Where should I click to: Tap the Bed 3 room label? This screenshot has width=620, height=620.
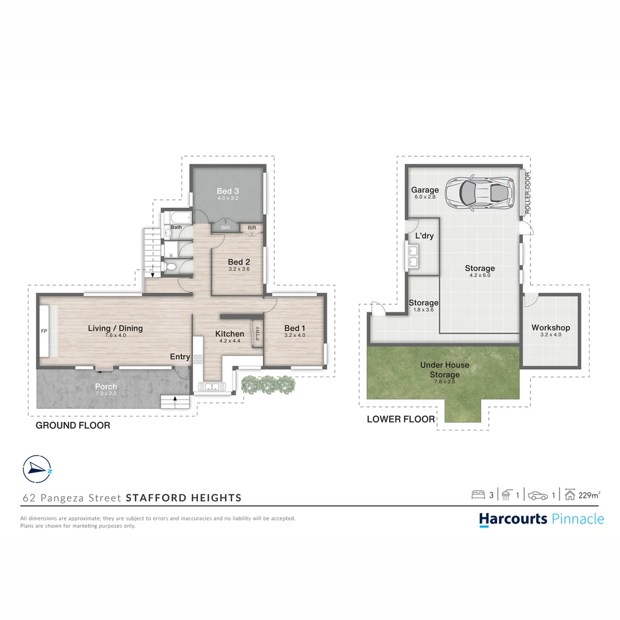pyautogui.click(x=227, y=191)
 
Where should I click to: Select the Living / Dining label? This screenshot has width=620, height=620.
pyautogui.click(x=115, y=328)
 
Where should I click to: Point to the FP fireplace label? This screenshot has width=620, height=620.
pyautogui.click(x=43, y=331)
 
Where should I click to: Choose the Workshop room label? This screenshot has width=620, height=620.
pyautogui.click(x=551, y=328)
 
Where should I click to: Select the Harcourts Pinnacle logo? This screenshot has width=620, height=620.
pyautogui.click(x=541, y=520)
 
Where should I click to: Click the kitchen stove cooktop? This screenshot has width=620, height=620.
pyautogui.click(x=198, y=359)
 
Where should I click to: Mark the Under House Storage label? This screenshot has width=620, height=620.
pyautogui.click(x=444, y=370)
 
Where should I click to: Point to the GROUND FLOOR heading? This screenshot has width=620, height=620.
pyautogui.click(x=73, y=425)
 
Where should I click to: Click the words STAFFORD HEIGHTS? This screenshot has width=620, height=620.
pyautogui.click(x=184, y=498)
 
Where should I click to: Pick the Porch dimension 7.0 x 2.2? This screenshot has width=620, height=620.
pyautogui.click(x=106, y=394)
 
